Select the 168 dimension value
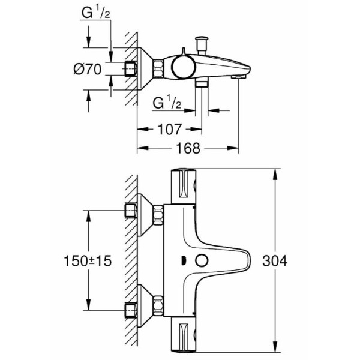pos(188,148)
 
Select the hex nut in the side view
pos(158,68)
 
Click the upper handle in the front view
pos(185,186)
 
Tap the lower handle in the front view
pos(185,336)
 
